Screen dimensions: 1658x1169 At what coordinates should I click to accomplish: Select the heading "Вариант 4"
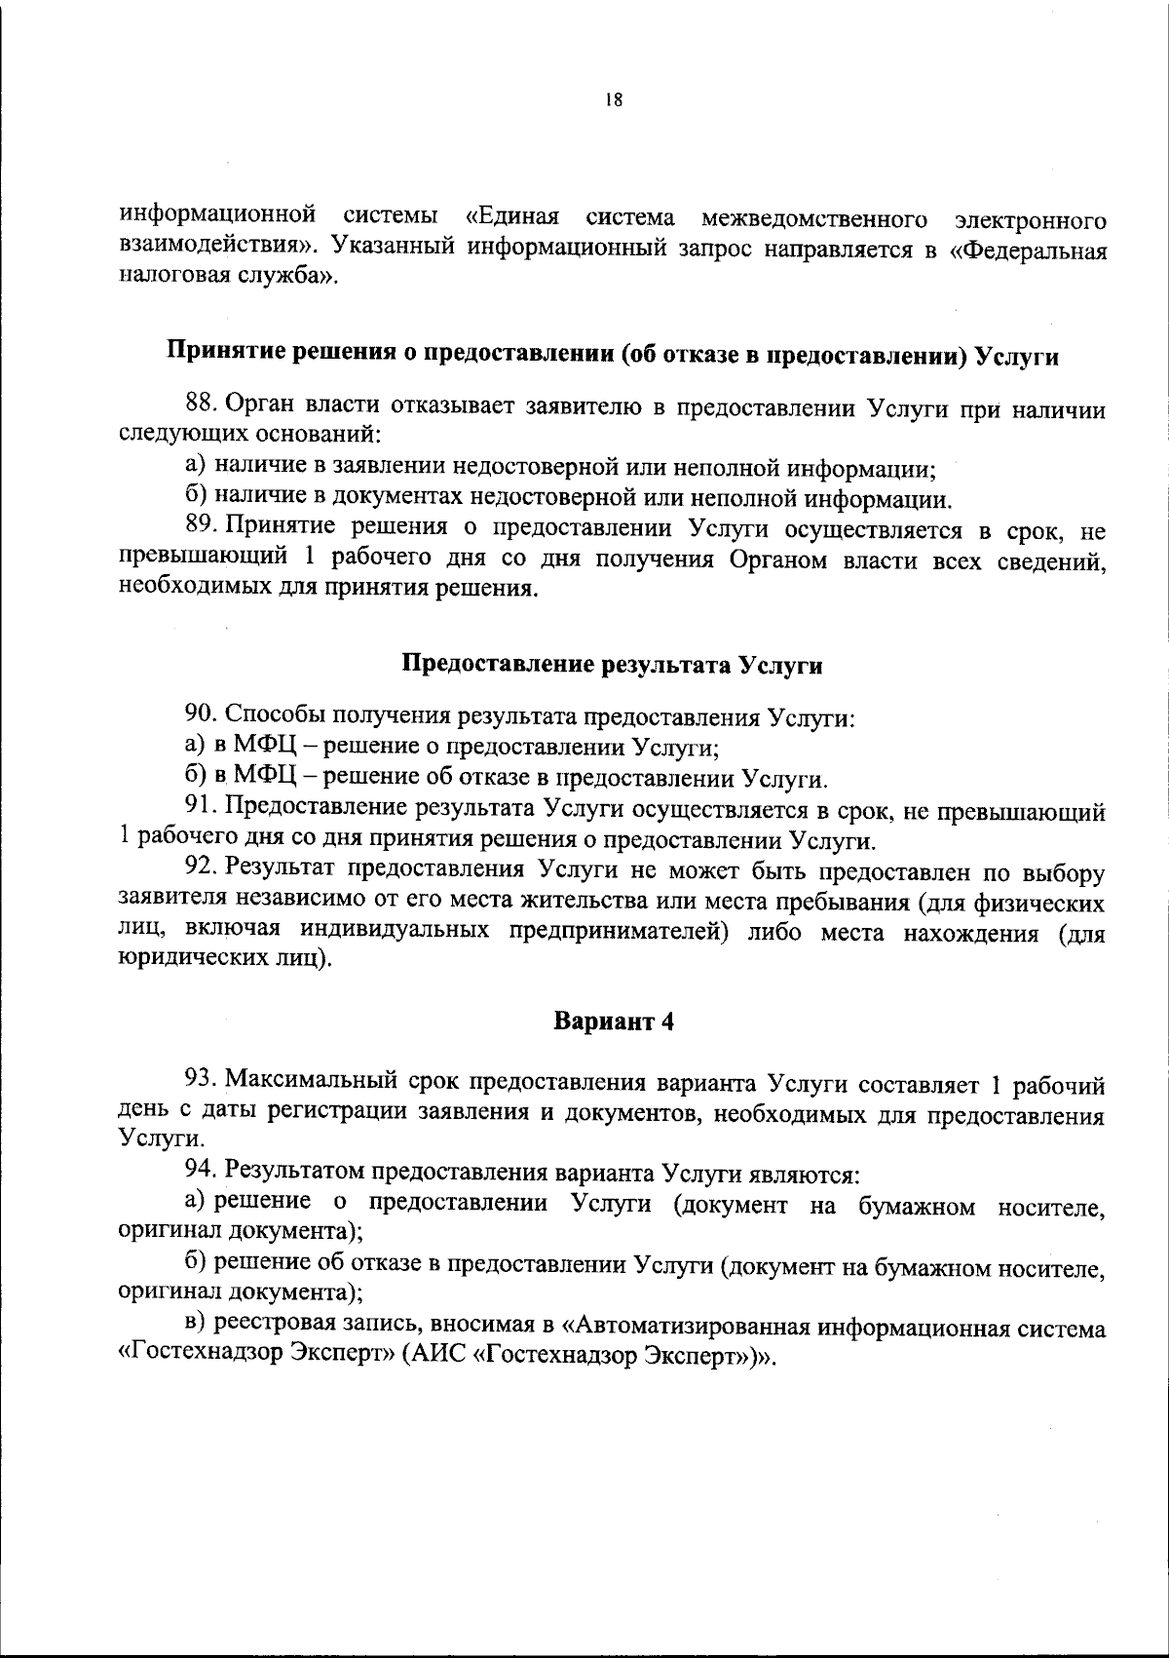614,1022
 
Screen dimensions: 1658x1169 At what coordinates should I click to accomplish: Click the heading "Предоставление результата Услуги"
613,666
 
